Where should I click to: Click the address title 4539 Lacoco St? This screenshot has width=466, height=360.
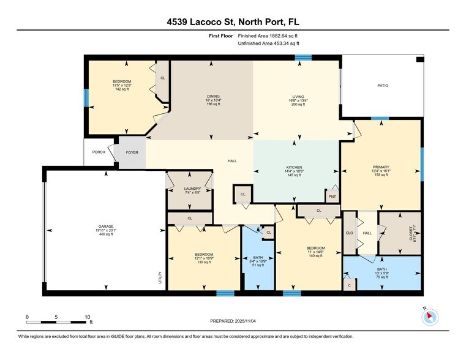pyautogui.click(x=233, y=23)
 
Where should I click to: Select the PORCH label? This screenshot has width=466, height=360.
pyautogui.click(x=98, y=152)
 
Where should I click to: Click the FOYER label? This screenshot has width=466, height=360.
pyautogui.click(x=131, y=152)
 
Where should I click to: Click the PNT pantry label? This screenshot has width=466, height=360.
pyautogui.click(x=333, y=197)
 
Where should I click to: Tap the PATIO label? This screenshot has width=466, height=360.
pyautogui.click(x=382, y=86)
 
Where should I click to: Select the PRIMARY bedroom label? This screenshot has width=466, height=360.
pyautogui.click(x=381, y=165)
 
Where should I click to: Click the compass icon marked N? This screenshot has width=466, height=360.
pyautogui.click(x=430, y=316)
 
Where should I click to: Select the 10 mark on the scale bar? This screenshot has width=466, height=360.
pyautogui.click(x=88, y=317)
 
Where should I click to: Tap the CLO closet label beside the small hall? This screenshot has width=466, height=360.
pyautogui.click(x=350, y=233)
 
